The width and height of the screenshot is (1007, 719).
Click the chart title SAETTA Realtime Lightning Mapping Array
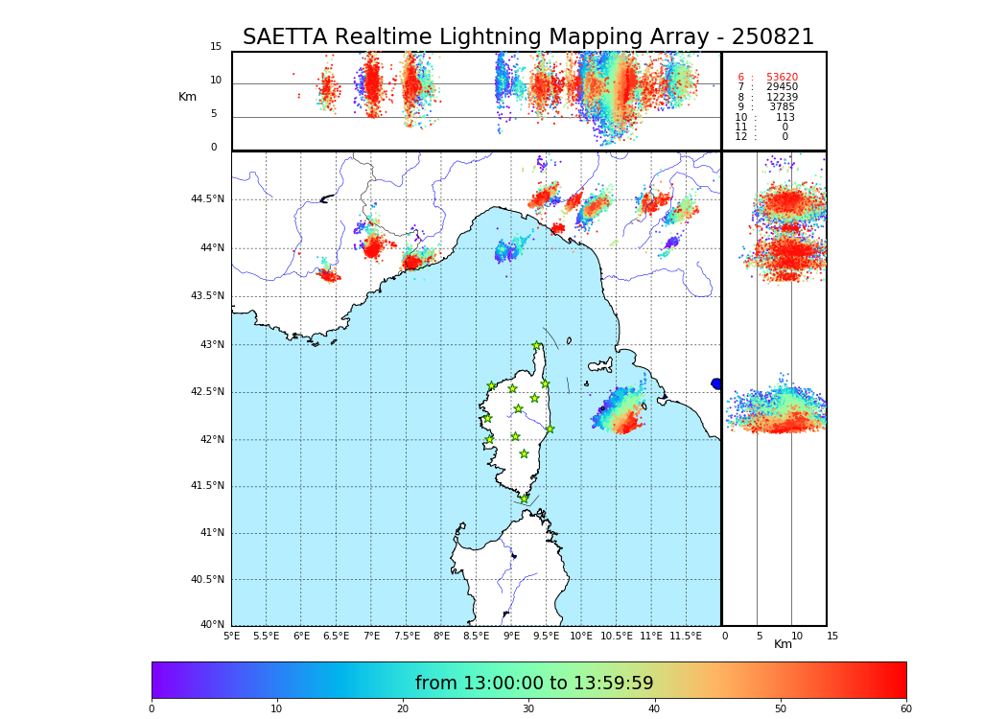click(527, 37)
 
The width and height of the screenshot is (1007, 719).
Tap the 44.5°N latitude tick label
click(207, 199)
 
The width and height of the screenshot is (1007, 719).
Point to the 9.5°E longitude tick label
click(546, 636)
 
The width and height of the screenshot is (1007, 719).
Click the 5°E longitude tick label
click(231, 636)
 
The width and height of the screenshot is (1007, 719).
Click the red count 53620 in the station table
click(782, 78)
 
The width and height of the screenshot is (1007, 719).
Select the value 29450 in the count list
click(782, 87)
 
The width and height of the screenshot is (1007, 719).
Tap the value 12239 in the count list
click(782, 98)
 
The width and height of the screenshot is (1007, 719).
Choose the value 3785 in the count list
click(782, 107)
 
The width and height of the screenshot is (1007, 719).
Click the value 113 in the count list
click(785, 118)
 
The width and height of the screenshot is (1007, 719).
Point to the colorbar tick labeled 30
click(528, 708)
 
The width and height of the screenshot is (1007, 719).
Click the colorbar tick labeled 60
click(905, 708)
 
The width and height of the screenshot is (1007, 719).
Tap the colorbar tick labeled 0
click(152, 708)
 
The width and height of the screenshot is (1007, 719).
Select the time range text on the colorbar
click(534, 684)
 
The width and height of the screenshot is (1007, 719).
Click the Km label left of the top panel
click(187, 97)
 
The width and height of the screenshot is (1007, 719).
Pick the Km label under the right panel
click(783, 644)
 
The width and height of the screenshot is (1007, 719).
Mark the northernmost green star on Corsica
click(537, 346)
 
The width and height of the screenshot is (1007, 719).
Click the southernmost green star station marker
click(524, 499)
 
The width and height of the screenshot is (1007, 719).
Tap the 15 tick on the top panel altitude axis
click(216, 47)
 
